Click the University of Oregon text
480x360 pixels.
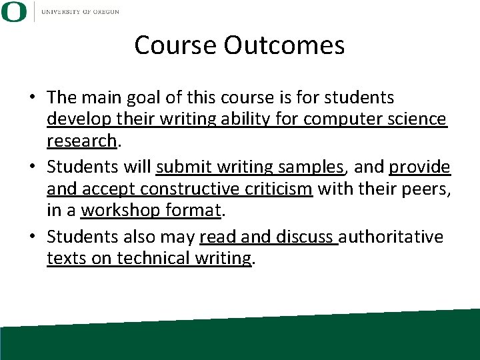(80, 12)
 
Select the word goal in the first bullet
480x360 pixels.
(142, 97)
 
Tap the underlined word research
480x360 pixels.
(81, 141)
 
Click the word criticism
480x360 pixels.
(276, 189)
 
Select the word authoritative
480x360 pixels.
(391, 237)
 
